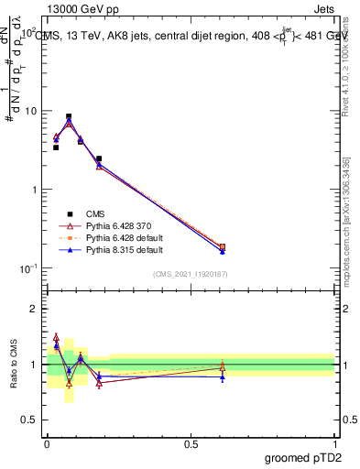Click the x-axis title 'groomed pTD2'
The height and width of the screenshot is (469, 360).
click(x=305, y=457)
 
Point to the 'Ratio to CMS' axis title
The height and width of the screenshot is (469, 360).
click(x=13, y=364)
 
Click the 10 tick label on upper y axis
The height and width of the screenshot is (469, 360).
click(x=29, y=111)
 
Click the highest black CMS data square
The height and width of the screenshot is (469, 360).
click(x=69, y=117)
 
